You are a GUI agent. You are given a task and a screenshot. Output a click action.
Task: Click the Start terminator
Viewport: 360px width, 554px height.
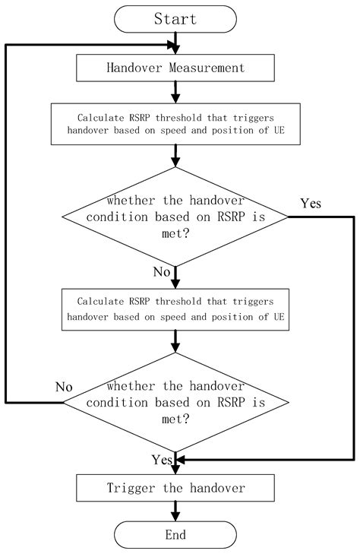click(175, 18)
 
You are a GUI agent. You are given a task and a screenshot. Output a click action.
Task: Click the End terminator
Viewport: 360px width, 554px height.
click(175, 535)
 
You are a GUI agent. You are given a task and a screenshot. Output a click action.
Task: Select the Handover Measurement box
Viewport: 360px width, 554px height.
click(175, 68)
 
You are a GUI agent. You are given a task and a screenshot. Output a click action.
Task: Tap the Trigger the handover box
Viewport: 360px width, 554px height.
click(175, 486)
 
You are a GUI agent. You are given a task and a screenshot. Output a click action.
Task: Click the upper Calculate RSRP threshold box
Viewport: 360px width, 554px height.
click(175, 125)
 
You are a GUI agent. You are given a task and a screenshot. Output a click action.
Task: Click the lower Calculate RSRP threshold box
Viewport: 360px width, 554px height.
click(175, 309)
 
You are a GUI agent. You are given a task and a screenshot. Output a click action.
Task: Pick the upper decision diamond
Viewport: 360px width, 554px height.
click(175, 217)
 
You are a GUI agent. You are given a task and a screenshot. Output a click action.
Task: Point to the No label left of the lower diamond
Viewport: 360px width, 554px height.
click(64, 386)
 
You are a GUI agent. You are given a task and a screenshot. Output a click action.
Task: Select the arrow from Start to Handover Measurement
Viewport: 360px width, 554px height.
click(175, 43)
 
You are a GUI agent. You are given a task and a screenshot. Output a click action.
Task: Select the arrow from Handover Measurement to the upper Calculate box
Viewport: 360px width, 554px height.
click(175, 92)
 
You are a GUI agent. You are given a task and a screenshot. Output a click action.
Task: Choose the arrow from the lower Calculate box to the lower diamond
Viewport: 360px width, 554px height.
click(175, 341)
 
